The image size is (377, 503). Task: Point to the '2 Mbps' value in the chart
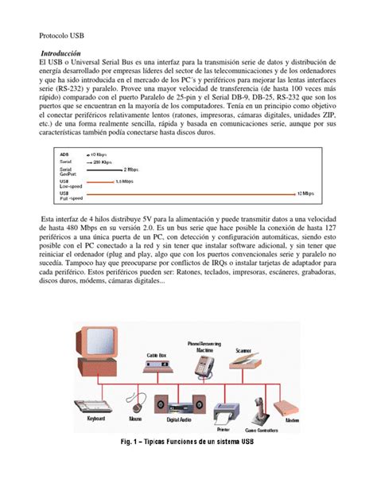point(131,170)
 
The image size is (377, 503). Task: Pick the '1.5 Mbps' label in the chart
point(124,181)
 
